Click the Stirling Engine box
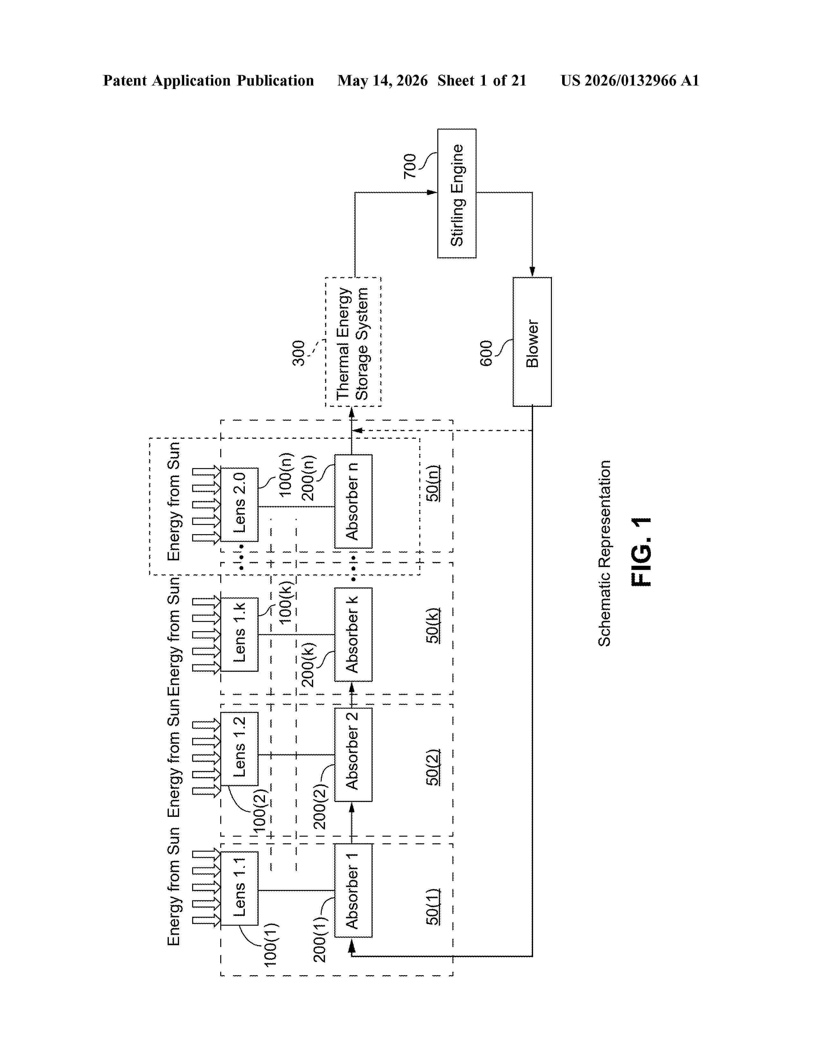(x=457, y=193)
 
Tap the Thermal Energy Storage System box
(x=353, y=342)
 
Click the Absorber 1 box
(x=353, y=891)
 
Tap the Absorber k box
(x=353, y=634)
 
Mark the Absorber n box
(x=353, y=501)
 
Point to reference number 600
(x=486, y=354)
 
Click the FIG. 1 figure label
(x=641, y=552)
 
